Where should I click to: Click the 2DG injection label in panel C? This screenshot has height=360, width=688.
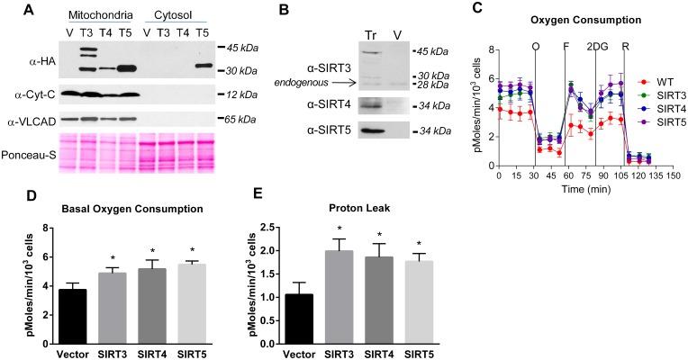click(594, 46)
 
